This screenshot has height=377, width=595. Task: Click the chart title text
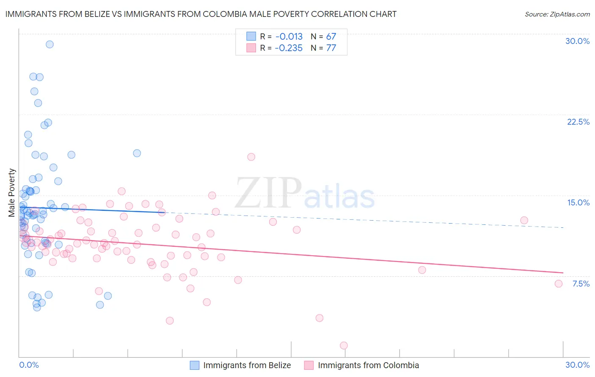[201, 14]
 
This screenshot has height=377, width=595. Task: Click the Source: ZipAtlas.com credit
[557, 14]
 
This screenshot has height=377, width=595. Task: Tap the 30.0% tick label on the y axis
[577, 41]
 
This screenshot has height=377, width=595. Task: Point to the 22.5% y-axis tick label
[578, 122]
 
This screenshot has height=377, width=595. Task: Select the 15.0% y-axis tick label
[578, 202]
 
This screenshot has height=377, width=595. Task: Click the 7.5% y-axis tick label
[581, 284]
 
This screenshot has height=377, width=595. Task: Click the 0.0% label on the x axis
[29, 365]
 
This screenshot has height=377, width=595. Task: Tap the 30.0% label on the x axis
[577, 365]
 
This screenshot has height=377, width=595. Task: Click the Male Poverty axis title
[12, 193]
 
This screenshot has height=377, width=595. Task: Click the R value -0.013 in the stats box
[289, 37]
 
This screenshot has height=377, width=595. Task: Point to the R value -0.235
[289, 48]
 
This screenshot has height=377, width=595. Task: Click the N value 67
[331, 37]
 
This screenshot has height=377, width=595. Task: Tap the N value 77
[331, 48]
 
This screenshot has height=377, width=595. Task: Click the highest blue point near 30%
[50, 44]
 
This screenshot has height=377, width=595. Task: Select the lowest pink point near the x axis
[344, 345]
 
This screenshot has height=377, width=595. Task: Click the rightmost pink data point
[558, 284]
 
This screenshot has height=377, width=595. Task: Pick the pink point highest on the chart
[251, 157]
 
